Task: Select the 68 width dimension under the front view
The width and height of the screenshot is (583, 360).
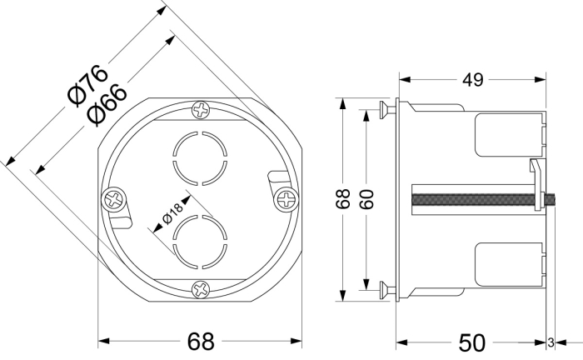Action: tap(200, 341)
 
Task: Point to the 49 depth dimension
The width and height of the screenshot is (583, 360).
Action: tap(473, 80)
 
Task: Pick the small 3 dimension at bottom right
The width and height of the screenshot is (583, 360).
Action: tap(551, 342)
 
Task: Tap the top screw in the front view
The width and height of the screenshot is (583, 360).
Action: tap(201, 109)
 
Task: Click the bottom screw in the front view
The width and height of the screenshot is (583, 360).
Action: tap(200, 289)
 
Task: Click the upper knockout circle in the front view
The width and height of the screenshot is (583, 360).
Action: tap(200, 155)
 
